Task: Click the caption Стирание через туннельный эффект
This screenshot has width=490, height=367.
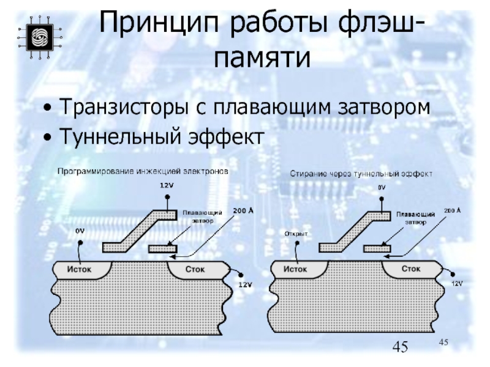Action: pos(361,174)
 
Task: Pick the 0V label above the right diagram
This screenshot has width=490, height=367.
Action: pos(381,188)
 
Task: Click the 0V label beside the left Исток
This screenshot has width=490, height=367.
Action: pos(79,231)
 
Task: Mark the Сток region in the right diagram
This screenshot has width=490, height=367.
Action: pos(410,268)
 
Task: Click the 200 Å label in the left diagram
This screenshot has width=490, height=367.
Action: pos(243,210)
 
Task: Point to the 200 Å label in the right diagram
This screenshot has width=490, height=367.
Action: pos(453,210)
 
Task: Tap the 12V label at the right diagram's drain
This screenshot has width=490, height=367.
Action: pos(457,284)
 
